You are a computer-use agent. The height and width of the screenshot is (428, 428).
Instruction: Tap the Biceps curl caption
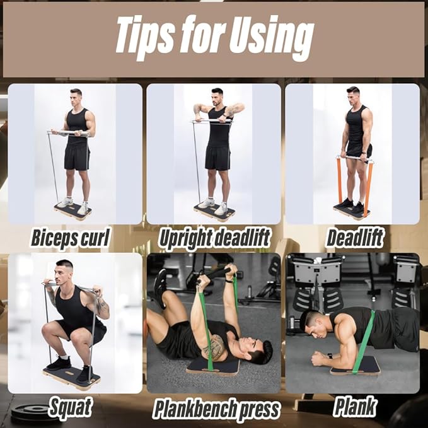70,238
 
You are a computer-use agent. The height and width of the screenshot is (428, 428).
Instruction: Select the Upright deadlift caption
214,238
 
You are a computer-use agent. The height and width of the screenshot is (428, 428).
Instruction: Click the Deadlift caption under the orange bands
354,238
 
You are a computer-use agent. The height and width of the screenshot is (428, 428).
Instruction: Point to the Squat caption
70,407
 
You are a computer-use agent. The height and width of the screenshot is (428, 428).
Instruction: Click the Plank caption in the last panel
355,407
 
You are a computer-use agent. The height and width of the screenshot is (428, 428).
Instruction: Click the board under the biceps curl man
72,211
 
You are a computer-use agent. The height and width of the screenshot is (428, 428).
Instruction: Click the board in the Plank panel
356,366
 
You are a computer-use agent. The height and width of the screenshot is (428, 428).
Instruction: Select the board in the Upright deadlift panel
215,211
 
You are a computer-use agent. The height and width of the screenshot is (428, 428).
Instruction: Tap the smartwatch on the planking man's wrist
330,356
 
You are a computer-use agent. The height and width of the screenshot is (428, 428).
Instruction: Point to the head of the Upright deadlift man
217,97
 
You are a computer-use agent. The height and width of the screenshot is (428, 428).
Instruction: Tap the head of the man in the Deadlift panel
353,96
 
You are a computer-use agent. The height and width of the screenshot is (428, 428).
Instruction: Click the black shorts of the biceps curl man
77,157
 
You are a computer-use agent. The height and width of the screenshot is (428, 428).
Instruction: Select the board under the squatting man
71,378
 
